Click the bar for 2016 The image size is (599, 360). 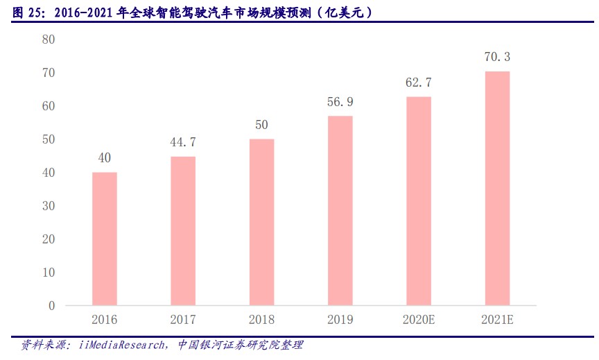click(x=105, y=239)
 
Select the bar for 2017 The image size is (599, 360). click(x=183, y=231)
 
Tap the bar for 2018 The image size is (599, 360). click(x=261, y=222)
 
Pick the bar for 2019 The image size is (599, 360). click(x=340, y=210)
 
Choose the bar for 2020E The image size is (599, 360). click(x=418, y=201)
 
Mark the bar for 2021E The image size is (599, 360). click(x=497, y=188)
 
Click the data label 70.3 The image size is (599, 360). click(x=497, y=57)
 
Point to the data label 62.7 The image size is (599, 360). click(x=418, y=83)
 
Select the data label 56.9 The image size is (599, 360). click(x=340, y=102)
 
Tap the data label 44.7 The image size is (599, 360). click(x=183, y=142)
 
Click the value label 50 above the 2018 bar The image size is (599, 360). click(x=261, y=125)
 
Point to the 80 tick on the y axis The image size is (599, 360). click(x=49, y=40)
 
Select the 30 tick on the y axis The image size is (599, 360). click(x=49, y=206)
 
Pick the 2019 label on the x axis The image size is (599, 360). click(x=340, y=320)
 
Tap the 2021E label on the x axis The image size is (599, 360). click(x=497, y=320)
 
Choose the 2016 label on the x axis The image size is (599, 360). click(x=105, y=320)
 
